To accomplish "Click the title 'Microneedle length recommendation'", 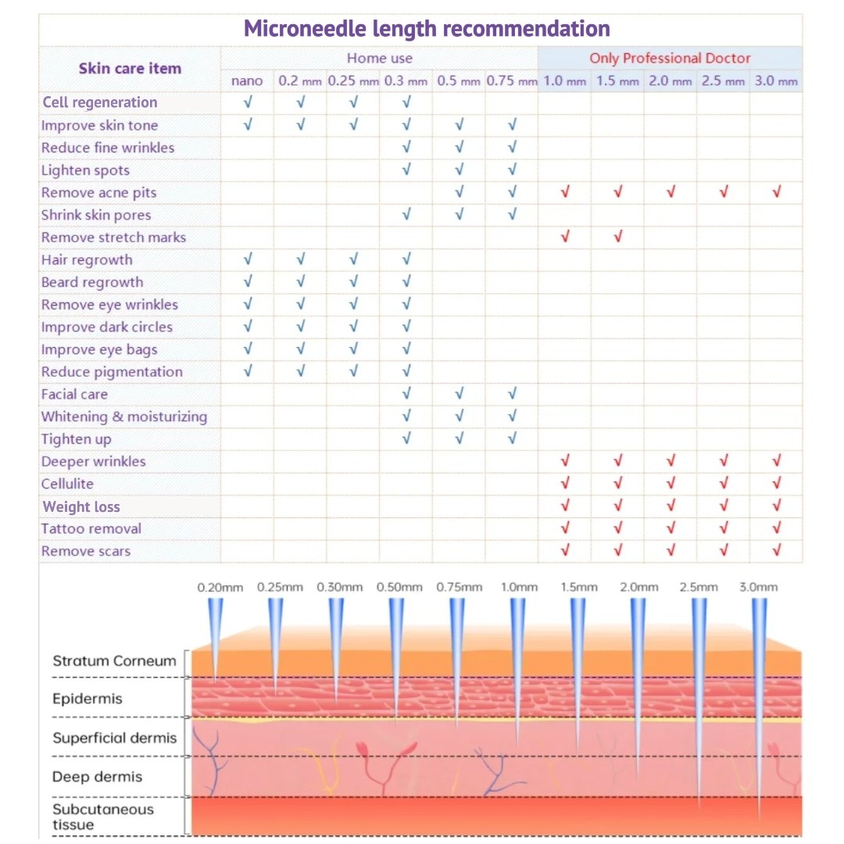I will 427,29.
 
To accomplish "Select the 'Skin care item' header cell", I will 130,69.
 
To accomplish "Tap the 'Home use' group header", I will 380,58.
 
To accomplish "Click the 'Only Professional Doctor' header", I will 670,58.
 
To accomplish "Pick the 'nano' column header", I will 247,80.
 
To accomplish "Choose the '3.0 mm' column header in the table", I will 776,80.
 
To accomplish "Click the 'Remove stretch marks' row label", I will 113,238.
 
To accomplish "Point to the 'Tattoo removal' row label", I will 91,529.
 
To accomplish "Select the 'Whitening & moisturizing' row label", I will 124,417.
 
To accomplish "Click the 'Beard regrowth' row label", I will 92,282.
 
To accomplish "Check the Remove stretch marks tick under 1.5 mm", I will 617,237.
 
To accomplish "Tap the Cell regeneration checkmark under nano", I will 248,102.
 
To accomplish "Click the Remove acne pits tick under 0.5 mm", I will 459,192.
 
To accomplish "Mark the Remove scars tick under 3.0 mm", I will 776,551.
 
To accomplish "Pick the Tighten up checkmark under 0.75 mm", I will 512,438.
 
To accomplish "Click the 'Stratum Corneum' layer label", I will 114,661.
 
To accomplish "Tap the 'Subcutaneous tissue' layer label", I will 102,817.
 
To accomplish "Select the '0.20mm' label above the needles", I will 220,587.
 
